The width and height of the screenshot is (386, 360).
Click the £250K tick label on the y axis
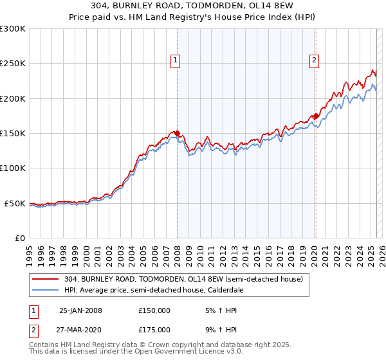pyautogui.click(x=13, y=64)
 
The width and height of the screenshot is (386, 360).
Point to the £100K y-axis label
pyautogui.click(x=13, y=168)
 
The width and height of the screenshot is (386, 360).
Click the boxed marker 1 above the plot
pyautogui.click(x=175, y=61)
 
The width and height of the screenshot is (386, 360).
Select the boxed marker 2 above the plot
pyautogui.click(x=314, y=61)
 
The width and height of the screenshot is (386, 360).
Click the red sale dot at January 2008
pyautogui.click(x=177, y=133)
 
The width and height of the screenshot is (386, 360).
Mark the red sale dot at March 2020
pyautogui.click(x=315, y=116)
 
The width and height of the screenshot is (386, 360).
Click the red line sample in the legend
pyautogui.click(x=45, y=279)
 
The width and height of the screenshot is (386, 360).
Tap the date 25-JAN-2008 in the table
pyautogui.click(x=80, y=310)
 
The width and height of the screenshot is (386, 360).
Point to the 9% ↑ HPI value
pyautogui.click(x=220, y=332)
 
